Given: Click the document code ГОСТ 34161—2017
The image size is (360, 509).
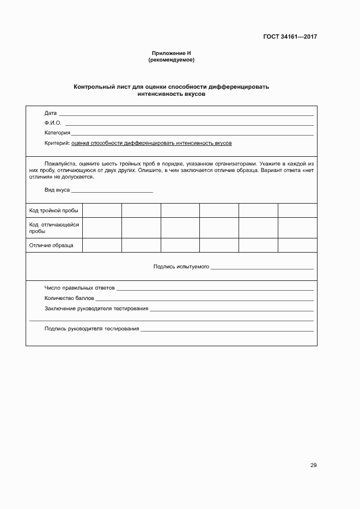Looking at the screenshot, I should click(290, 37).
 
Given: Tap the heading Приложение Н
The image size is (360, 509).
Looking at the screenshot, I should click(171, 53).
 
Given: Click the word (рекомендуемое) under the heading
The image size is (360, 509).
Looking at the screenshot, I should click(171, 60).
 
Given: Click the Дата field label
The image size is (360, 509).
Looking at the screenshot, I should click(50, 113).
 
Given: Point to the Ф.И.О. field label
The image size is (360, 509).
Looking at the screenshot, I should click(53, 123).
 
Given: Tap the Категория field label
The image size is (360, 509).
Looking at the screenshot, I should click(57, 133).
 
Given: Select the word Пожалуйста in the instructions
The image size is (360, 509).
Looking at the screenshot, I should click(59, 163).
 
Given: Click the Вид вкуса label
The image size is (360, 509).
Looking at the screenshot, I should click(57, 190).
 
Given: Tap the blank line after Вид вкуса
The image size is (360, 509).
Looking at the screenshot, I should click(112, 191).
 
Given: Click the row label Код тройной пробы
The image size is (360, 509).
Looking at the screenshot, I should click(53, 210).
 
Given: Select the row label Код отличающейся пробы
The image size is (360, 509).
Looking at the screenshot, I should click(53, 228).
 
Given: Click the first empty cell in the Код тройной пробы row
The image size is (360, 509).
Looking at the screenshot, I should click(102, 210).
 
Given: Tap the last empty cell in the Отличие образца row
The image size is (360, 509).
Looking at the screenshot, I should click(297, 246).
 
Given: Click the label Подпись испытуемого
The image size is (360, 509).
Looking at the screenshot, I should click(181, 267).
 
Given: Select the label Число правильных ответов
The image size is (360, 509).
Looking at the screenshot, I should click(80, 288).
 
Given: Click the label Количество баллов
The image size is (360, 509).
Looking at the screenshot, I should click(69, 298).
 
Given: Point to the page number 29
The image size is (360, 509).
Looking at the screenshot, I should click(313, 465).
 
